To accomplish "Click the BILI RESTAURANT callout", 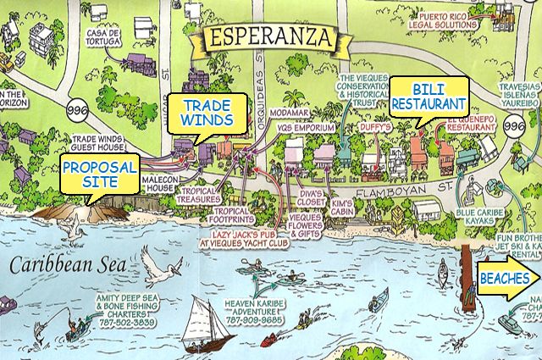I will coord(429,95).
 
